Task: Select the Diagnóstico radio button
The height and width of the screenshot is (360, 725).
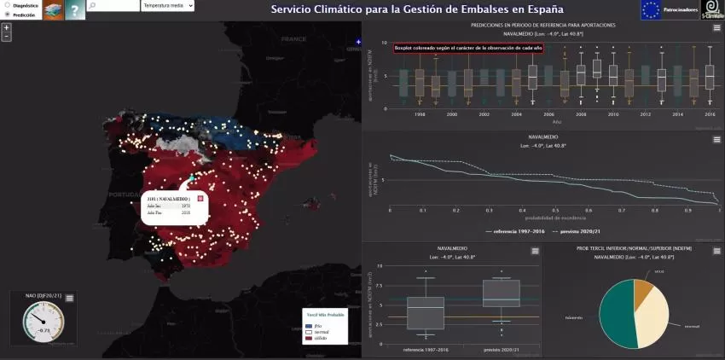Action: point(7,5)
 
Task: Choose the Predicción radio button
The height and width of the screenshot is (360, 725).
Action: point(7,15)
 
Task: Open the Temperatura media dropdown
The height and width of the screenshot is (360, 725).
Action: point(168,6)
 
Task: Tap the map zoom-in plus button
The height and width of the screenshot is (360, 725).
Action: point(7,27)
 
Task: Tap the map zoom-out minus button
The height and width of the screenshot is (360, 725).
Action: point(7,37)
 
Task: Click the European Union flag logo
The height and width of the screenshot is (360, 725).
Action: point(651,10)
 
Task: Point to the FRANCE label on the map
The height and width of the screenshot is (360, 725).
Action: point(293,39)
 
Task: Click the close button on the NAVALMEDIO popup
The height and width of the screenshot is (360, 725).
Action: point(200,198)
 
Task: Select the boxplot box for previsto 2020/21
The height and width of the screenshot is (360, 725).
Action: point(501,293)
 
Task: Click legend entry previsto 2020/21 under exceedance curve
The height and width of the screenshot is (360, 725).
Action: point(583,231)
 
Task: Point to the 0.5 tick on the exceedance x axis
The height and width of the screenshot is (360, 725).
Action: point(554,210)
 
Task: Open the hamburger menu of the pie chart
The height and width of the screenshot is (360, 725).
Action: point(716,251)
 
